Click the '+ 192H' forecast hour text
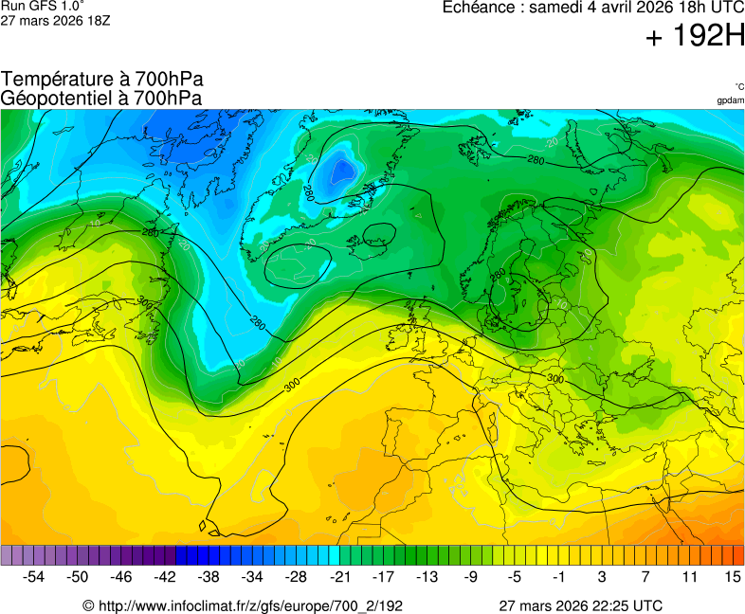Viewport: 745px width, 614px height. pyautogui.click(x=695, y=37)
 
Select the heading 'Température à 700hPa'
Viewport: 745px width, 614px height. pyautogui.click(x=102, y=80)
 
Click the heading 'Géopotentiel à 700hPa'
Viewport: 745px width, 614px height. pyautogui.click(x=101, y=98)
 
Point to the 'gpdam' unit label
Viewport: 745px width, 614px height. pyautogui.click(x=730, y=99)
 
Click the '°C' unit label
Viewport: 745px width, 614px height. pyautogui.click(x=738, y=86)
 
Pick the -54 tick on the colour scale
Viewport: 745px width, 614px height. pyautogui.click(x=34, y=576)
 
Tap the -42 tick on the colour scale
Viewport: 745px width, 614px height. pyautogui.click(x=165, y=576)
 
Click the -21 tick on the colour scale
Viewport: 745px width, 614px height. pyautogui.click(x=339, y=576)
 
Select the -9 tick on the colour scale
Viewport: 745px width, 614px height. pyautogui.click(x=470, y=576)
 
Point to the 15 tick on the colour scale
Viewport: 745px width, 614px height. pyautogui.click(x=732, y=576)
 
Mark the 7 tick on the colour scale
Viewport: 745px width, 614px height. pyautogui.click(x=645, y=576)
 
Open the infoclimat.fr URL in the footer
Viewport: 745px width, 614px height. pyautogui.click(x=250, y=605)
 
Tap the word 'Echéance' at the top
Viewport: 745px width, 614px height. pyautogui.click(x=481, y=8)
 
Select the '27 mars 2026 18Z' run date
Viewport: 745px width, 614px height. pyautogui.click(x=55, y=21)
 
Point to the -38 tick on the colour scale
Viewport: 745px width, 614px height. pyautogui.click(x=209, y=576)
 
